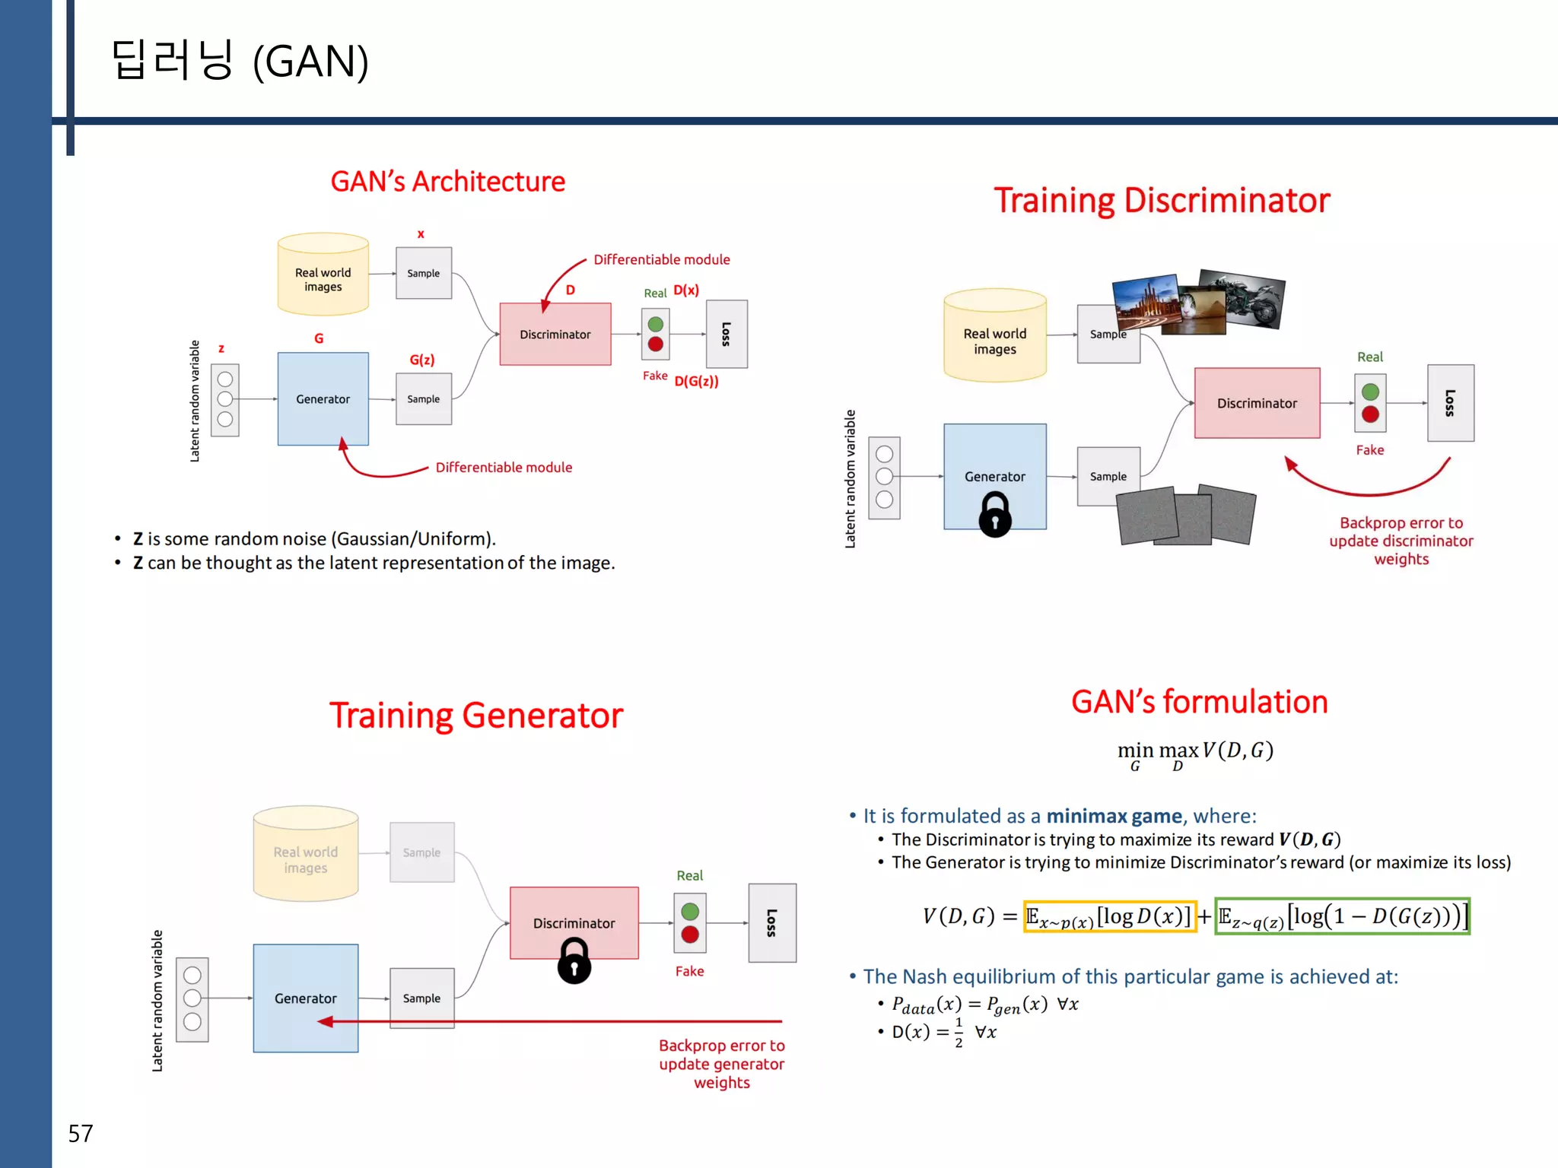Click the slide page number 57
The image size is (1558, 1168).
81,1134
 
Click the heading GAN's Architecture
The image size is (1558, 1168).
447,182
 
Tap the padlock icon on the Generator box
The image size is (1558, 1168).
994,514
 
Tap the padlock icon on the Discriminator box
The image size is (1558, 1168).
574,960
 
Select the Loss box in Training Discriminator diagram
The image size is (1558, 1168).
1450,403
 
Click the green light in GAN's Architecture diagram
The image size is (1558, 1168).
655,325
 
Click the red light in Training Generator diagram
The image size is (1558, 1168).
690,935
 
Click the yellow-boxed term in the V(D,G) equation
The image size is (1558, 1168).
1109,916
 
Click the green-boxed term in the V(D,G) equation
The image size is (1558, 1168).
1342,916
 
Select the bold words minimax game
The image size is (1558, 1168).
1114,816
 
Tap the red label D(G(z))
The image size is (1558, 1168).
696,381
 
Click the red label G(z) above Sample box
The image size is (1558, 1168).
422,360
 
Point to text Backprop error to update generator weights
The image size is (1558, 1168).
721,1064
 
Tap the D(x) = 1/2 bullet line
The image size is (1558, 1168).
943,1032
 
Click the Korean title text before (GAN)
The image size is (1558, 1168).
172,61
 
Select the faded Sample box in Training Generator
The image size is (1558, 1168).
421,852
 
